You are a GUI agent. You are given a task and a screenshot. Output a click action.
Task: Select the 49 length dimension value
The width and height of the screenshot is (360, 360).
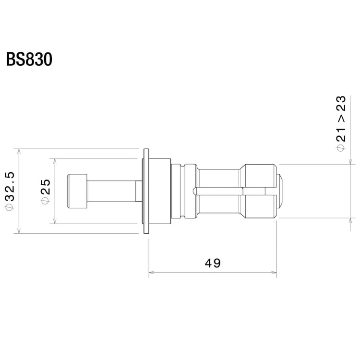point(213,263)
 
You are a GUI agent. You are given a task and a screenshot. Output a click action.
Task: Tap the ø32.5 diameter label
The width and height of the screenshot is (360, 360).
point(11,191)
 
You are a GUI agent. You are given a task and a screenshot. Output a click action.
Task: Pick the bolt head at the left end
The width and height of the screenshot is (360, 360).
point(77,191)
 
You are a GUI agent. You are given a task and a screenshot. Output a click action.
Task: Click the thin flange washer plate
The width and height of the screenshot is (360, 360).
point(146,191)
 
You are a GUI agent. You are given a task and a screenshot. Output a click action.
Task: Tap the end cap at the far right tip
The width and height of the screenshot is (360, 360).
point(282,191)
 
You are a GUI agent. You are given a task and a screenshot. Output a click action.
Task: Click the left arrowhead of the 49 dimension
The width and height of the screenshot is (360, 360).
point(151,273)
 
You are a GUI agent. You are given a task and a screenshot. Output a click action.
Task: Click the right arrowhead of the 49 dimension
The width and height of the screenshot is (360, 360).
point(275,273)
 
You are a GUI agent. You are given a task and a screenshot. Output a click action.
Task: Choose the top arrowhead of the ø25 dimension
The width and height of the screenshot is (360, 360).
point(54,161)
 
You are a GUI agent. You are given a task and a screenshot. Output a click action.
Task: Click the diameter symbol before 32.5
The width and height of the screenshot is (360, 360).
point(11,207)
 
